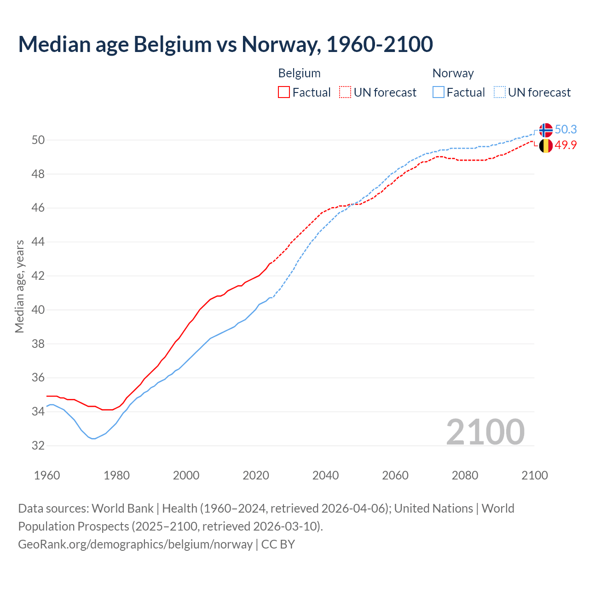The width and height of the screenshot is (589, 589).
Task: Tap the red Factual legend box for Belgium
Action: click(x=284, y=92)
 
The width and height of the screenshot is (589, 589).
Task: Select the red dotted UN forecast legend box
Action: click(x=345, y=92)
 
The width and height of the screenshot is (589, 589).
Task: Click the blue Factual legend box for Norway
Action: click(x=439, y=92)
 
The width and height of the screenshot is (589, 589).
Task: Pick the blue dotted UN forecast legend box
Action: click(x=500, y=92)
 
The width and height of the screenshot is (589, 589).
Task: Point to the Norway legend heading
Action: click(x=453, y=73)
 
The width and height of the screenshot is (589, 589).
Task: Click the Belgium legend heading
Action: click(x=299, y=73)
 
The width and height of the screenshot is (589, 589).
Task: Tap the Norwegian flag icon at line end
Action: click(x=546, y=130)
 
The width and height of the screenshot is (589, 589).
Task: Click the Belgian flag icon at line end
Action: click(x=546, y=146)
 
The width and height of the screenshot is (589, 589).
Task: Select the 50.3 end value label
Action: click(x=566, y=130)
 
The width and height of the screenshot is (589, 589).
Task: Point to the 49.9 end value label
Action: click(x=566, y=145)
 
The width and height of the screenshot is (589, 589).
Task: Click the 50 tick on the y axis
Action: click(x=38, y=140)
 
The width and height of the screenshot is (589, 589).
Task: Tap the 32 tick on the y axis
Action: click(x=38, y=445)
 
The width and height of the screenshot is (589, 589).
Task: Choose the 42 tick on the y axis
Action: click(x=38, y=276)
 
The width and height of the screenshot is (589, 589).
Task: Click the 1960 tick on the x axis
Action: click(x=47, y=475)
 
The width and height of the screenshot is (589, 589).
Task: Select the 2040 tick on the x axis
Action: click(x=325, y=475)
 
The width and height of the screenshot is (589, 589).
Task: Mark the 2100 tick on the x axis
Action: click(x=534, y=475)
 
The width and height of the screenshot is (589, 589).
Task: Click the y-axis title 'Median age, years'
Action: click(x=19, y=286)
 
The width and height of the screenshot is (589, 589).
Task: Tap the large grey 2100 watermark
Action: click(x=485, y=432)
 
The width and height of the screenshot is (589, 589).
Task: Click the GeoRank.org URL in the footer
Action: click(x=135, y=544)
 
